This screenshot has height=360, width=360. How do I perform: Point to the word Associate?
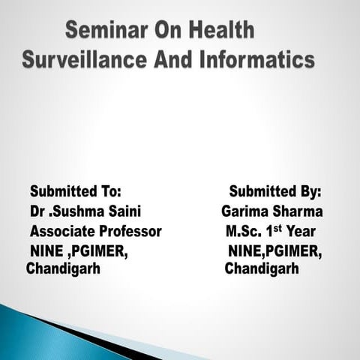click(x=59, y=232)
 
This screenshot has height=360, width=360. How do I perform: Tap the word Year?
click(x=300, y=232)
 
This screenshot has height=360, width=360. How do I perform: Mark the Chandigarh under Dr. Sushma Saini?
click(x=63, y=268)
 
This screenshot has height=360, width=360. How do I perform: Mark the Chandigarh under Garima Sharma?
click(x=262, y=268)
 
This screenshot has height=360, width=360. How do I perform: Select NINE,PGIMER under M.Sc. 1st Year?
click(x=275, y=251)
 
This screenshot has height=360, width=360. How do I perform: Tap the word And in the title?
click(x=172, y=61)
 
